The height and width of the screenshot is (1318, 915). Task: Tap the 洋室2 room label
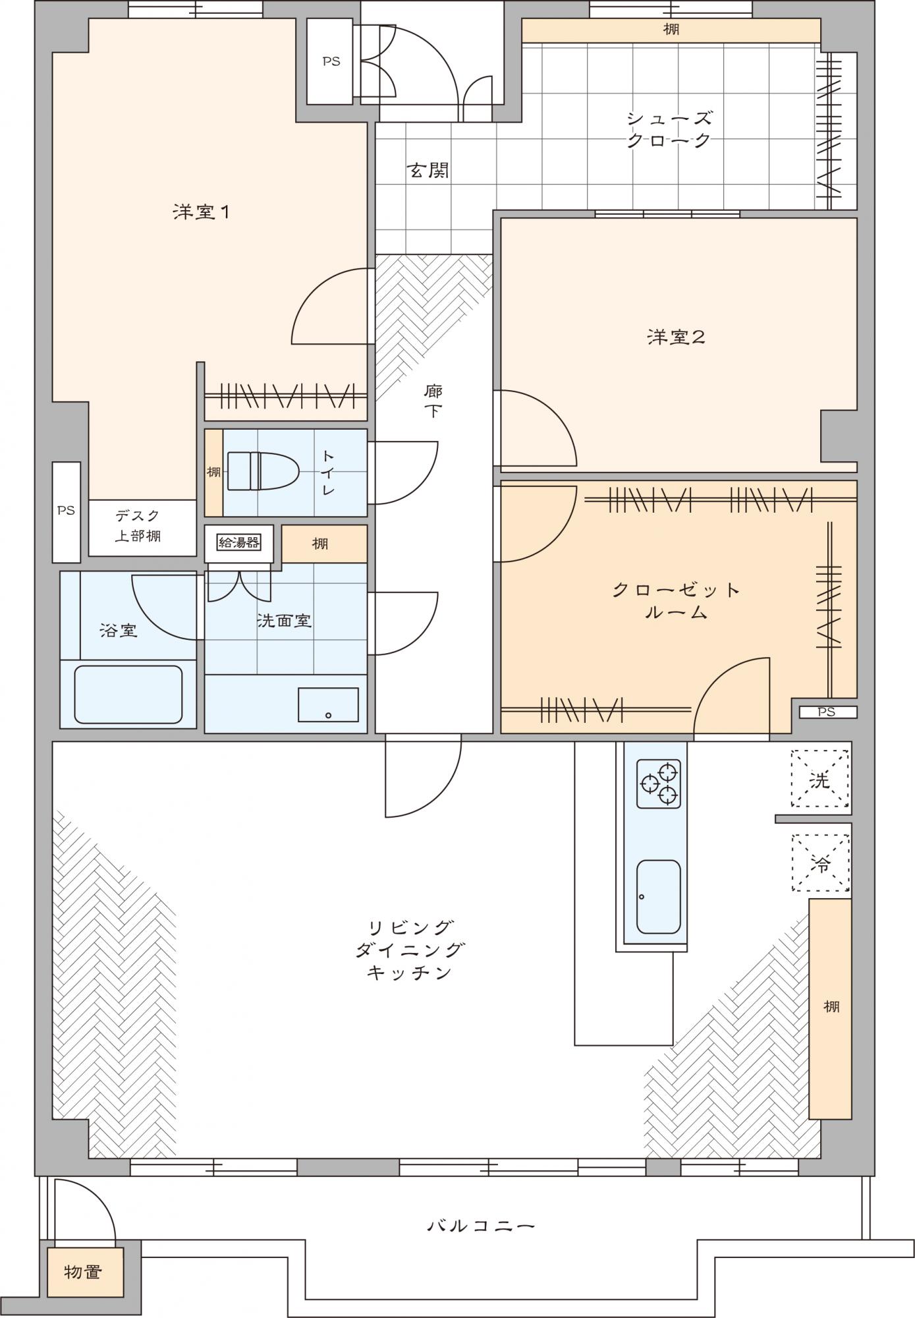click(x=676, y=337)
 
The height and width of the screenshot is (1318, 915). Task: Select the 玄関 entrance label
click(x=428, y=171)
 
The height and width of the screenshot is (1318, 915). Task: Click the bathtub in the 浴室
click(x=128, y=694)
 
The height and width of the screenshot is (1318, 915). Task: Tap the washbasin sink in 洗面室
click(x=328, y=704)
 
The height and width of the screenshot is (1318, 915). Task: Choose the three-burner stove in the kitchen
click(x=658, y=784)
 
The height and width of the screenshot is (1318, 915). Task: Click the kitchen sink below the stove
click(x=658, y=896)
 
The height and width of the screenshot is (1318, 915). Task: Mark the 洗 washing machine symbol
click(x=820, y=779)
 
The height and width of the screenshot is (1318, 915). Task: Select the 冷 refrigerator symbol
click(x=820, y=863)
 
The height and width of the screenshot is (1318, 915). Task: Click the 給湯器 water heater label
click(x=238, y=542)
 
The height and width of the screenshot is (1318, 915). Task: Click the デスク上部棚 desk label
click(x=138, y=526)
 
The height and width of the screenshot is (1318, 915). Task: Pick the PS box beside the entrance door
click(x=331, y=61)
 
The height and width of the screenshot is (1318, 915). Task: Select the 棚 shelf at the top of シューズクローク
click(x=671, y=30)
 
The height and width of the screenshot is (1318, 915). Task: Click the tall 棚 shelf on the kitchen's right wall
click(x=829, y=1008)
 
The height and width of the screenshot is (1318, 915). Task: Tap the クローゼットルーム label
click(x=676, y=600)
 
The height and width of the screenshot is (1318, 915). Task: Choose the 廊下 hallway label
click(x=433, y=401)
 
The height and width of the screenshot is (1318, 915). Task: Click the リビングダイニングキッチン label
click(x=410, y=950)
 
